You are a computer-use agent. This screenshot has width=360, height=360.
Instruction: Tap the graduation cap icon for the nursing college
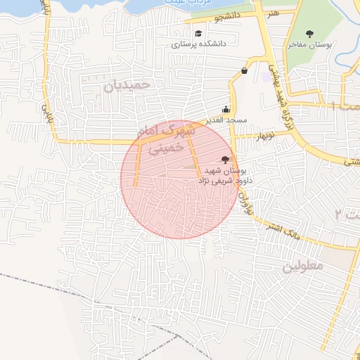click(x=199, y=33)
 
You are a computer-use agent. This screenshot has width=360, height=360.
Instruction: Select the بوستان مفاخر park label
click(x=308, y=44)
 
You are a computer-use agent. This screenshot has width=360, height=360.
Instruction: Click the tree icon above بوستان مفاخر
click(x=309, y=33)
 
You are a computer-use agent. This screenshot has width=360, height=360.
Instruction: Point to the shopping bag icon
click(x=244, y=70)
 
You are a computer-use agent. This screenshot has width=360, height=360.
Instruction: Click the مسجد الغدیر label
click(x=226, y=120)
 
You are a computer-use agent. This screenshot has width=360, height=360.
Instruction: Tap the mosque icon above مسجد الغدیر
click(x=225, y=109)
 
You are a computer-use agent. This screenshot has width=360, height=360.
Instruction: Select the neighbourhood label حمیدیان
click(x=127, y=85)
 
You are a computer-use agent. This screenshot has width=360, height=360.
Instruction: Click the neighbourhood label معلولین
click(x=302, y=267)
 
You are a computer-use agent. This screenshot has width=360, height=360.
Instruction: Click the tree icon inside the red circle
click(x=225, y=160)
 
